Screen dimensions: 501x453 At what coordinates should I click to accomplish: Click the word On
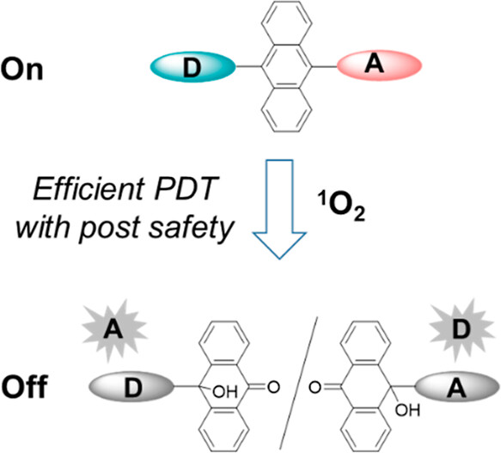(21, 70)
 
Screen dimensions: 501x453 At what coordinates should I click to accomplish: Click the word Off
(25, 386)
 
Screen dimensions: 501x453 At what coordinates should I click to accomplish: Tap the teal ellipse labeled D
(193, 67)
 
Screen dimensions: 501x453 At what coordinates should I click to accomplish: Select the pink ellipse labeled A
(379, 65)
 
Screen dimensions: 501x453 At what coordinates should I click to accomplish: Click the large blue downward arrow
(279, 209)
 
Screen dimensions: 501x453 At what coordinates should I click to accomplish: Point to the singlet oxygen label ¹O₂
(340, 210)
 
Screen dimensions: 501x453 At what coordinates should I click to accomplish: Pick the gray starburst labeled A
(114, 330)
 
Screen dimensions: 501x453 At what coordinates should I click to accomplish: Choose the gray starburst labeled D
(461, 329)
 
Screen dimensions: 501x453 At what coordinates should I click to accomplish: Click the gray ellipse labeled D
(131, 387)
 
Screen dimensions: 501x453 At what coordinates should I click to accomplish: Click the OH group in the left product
(225, 392)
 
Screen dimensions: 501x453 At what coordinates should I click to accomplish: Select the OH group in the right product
(407, 410)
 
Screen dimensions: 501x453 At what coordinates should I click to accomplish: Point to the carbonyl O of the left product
(273, 387)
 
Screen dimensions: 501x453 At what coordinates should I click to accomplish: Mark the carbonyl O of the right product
(315, 388)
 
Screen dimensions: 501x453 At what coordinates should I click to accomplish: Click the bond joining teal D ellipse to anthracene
(249, 67)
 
